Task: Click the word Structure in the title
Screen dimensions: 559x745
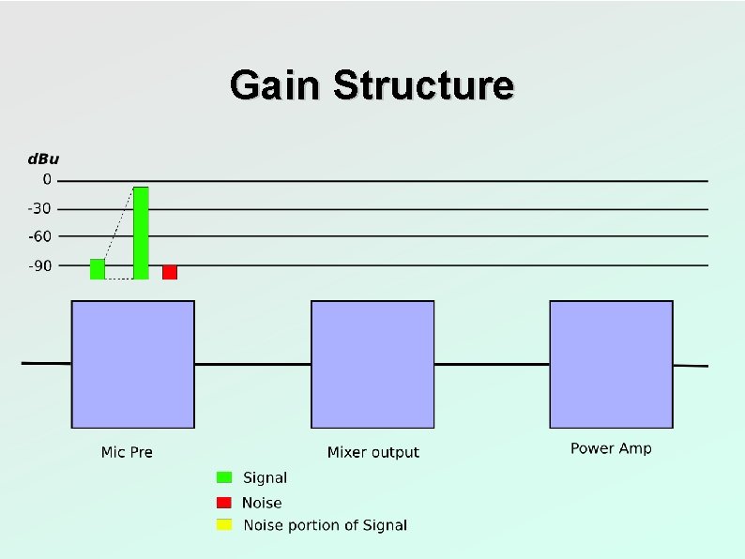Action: pyautogui.click(x=423, y=85)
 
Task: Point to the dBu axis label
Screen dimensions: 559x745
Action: pyautogui.click(x=41, y=159)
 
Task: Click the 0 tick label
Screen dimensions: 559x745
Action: pyautogui.click(x=48, y=180)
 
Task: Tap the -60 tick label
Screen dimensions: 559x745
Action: pyautogui.click(x=39, y=237)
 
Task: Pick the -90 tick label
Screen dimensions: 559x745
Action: pyautogui.click(x=39, y=265)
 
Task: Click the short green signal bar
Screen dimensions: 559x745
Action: pyautogui.click(x=98, y=269)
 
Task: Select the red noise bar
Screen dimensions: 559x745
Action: pyautogui.click(x=170, y=272)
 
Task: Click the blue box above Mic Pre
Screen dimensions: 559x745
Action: pyautogui.click(x=133, y=364)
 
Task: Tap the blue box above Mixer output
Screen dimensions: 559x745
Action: pyautogui.click(x=372, y=364)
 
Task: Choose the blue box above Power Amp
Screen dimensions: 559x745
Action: pyautogui.click(x=611, y=364)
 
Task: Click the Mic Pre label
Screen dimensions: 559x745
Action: pyautogui.click(x=127, y=452)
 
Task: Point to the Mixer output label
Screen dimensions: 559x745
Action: pyautogui.click(x=373, y=452)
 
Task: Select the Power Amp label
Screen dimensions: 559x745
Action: pyautogui.click(x=611, y=448)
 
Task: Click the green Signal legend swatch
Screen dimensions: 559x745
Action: pyautogui.click(x=224, y=477)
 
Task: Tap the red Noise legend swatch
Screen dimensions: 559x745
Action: pyautogui.click(x=224, y=502)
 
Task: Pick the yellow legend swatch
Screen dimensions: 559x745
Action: pyautogui.click(x=224, y=524)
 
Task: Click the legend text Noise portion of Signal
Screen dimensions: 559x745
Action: pyautogui.click(x=325, y=525)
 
